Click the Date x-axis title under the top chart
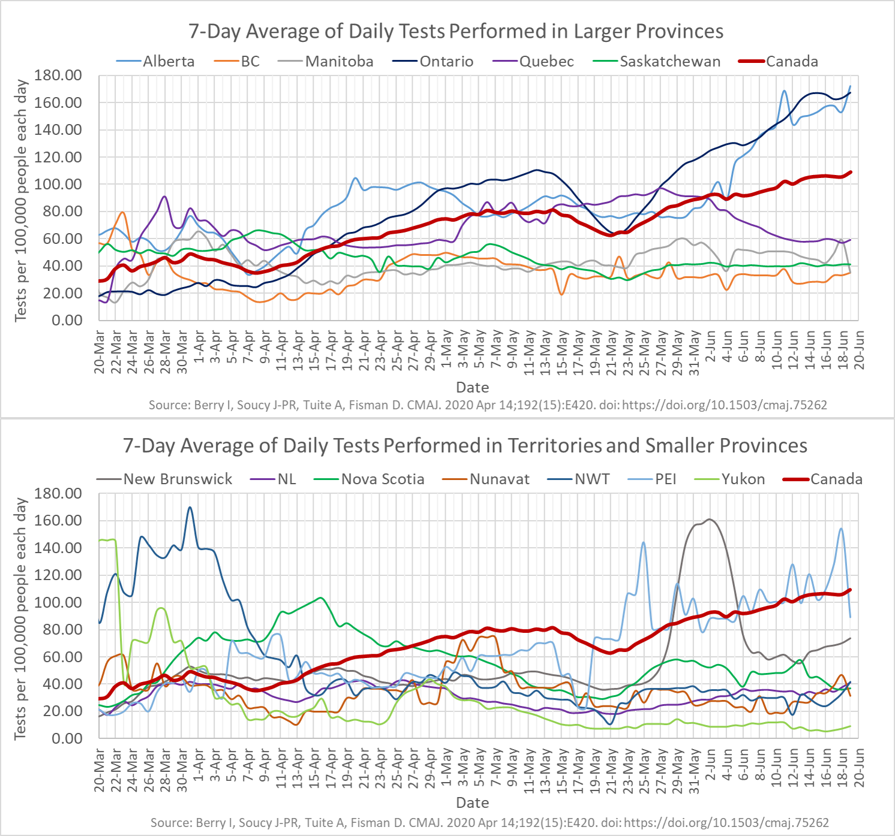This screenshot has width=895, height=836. pyautogui.click(x=472, y=387)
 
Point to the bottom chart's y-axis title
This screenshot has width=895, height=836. pyautogui.click(x=21, y=617)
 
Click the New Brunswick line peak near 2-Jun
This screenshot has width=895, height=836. pyautogui.click(x=710, y=519)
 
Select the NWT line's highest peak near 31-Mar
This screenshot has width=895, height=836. pyautogui.click(x=190, y=507)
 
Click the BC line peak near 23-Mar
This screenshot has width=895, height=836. pyautogui.click(x=122, y=212)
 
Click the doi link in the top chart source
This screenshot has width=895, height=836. pyautogui.click(x=724, y=405)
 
